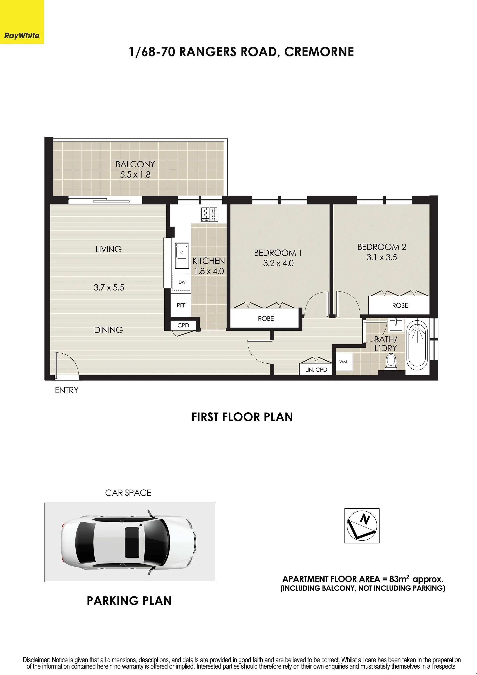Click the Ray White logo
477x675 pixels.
click(22, 36)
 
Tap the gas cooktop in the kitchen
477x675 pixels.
click(209, 214)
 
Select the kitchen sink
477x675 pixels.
click(182, 255)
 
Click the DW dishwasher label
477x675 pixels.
click(182, 282)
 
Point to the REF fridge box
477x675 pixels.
click(181, 305)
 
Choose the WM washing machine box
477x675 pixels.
click(343, 362)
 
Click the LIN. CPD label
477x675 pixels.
click(316, 370)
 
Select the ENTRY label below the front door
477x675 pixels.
click(67, 390)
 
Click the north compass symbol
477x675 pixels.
click(362, 526)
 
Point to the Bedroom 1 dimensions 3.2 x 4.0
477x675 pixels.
click(278, 263)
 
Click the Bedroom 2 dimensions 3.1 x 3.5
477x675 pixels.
click(382, 257)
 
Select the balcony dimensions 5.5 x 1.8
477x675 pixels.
click(135, 175)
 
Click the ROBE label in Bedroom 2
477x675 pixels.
click(400, 305)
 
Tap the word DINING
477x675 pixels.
click(108, 330)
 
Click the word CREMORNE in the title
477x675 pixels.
click(319, 52)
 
